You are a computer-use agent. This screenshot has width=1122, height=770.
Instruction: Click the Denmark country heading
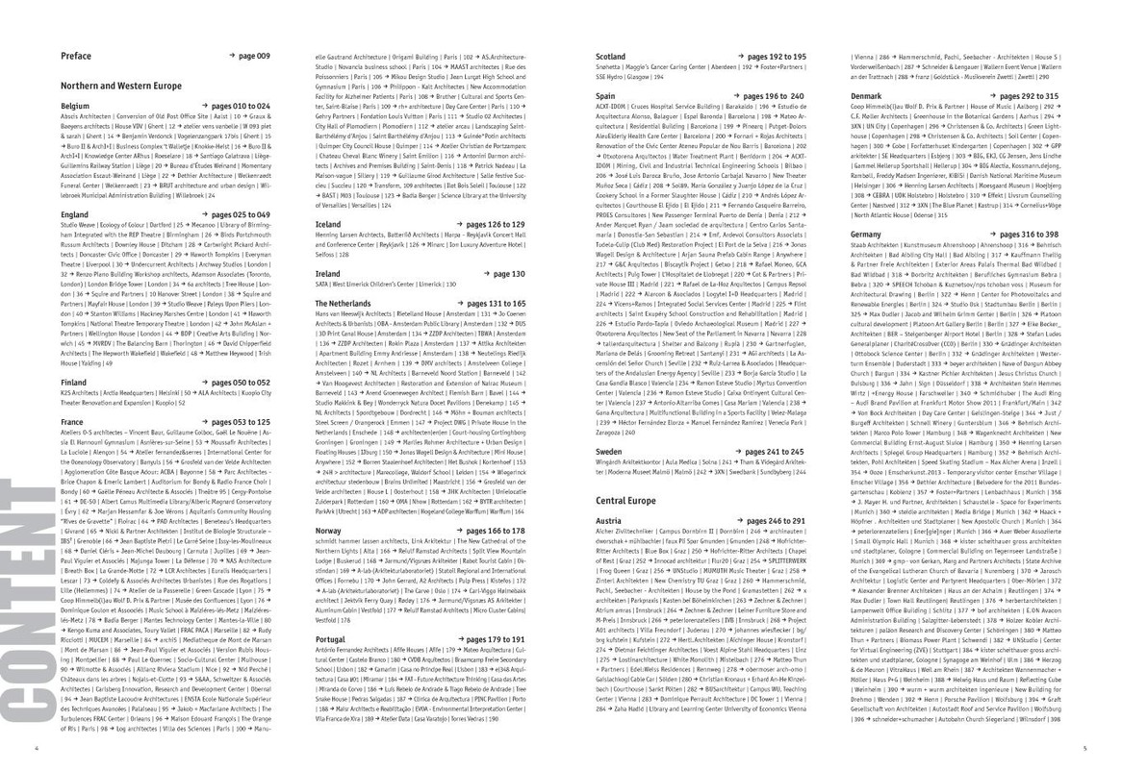click(x=867, y=97)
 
